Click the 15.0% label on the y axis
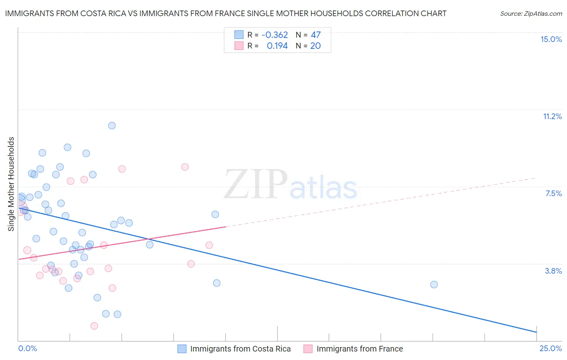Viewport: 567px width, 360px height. pyautogui.click(x=551, y=39)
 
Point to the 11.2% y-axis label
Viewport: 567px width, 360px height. pyautogui.click(x=552, y=116)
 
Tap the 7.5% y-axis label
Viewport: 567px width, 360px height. pyautogui.click(x=553, y=193)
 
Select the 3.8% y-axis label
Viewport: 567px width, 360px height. pyautogui.click(x=553, y=271)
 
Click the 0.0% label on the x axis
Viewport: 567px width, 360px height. pyautogui.click(x=27, y=348)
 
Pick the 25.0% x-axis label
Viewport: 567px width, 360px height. pyautogui.click(x=550, y=348)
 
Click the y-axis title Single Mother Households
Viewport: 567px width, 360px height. pyautogui.click(x=11, y=184)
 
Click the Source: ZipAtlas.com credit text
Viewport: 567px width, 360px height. pyautogui.click(x=531, y=14)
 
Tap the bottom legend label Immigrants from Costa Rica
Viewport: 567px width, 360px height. pyautogui.click(x=240, y=349)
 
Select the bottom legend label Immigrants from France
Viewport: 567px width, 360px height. pyautogui.click(x=360, y=349)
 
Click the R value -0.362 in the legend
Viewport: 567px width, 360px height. pyautogui.click(x=275, y=35)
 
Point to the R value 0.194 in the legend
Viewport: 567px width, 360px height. pyautogui.click(x=277, y=46)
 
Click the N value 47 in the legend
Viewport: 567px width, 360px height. pyautogui.click(x=316, y=35)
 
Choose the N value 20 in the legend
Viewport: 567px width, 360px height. pyautogui.click(x=315, y=46)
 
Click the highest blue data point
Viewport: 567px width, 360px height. pyautogui.click(x=112, y=126)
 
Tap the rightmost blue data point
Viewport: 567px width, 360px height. pyautogui.click(x=434, y=285)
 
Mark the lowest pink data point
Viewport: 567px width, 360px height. pyautogui.click(x=94, y=326)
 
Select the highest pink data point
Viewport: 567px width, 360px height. pyautogui.click(x=185, y=167)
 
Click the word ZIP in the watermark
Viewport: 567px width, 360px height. pyautogui.click(x=256, y=184)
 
